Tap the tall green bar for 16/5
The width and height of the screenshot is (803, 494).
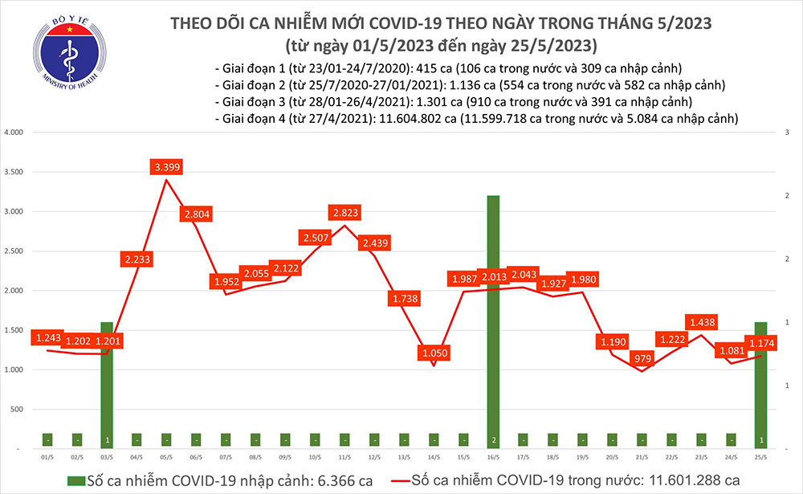493,321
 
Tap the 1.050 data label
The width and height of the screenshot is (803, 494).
434,353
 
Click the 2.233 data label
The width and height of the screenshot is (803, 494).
137,259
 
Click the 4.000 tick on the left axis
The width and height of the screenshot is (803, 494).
14,132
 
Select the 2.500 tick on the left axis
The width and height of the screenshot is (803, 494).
14,251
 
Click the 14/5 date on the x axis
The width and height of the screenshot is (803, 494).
434,456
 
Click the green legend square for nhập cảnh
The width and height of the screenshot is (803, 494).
76,480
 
